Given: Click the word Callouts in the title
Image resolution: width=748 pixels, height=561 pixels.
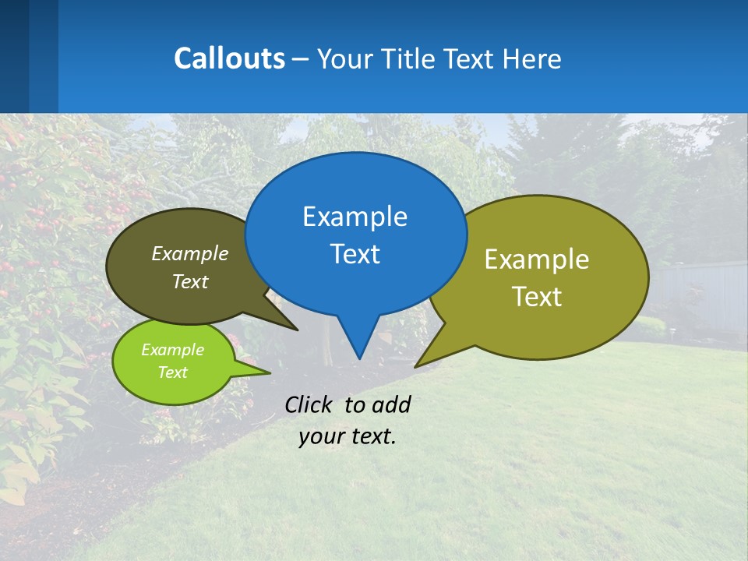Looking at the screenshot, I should pyautogui.click(x=229, y=58).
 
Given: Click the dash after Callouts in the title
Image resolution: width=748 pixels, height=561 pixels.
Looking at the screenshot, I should pyautogui.click(x=301, y=59).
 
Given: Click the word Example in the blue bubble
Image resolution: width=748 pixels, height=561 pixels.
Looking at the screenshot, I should pyautogui.click(x=355, y=217).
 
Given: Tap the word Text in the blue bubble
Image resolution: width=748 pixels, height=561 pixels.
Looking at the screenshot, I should pyautogui.click(x=355, y=254).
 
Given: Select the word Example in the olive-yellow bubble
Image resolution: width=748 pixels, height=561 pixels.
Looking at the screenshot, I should pyautogui.click(x=537, y=259).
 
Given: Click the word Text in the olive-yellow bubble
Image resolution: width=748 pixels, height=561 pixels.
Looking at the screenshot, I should pyautogui.click(x=537, y=297).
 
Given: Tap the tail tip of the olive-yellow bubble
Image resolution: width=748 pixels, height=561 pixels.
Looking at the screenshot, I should pyautogui.click(x=417, y=365).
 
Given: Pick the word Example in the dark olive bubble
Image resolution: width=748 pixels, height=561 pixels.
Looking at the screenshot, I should pyautogui.click(x=190, y=253).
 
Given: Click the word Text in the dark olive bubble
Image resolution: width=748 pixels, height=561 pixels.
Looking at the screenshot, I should pyautogui.click(x=190, y=281).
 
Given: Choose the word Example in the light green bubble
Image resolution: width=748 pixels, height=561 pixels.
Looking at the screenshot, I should pyautogui.click(x=172, y=350).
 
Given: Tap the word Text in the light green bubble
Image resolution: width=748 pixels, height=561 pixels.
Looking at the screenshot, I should pyautogui.click(x=172, y=372).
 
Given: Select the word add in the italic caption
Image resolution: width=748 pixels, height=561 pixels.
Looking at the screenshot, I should pyautogui.click(x=391, y=404).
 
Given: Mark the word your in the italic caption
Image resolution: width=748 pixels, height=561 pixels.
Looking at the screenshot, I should pyautogui.click(x=321, y=436).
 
